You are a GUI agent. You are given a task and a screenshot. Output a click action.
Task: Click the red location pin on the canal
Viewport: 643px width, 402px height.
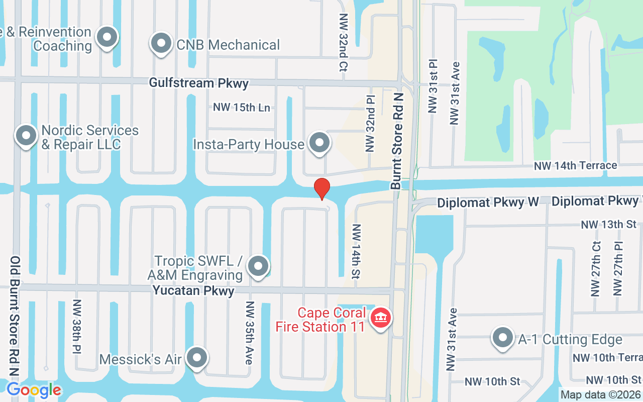(322, 188)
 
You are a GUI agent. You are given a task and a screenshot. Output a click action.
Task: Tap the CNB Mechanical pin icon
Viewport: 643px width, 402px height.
(161, 44)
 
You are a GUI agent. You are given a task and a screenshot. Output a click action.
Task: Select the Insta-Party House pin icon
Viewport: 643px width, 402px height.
(319, 143)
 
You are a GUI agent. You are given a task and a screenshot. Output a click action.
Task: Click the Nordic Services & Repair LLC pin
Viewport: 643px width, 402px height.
(26, 136)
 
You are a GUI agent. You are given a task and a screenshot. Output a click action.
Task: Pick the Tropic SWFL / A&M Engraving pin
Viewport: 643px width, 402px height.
(259, 266)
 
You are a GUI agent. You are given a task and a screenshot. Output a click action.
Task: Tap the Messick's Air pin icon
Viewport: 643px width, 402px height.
(197, 358)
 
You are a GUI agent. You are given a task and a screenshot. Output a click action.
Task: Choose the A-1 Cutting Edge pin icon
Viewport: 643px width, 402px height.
(502, 338)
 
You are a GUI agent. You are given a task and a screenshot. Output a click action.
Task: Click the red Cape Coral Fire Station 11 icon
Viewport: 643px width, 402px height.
(381, 319)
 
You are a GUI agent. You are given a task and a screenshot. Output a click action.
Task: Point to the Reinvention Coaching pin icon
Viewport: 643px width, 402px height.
(106, 38)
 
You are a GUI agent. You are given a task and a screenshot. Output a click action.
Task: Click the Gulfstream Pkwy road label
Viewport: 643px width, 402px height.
(199, 83)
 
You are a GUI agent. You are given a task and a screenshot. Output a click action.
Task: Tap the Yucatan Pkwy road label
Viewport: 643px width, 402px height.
(193, 290)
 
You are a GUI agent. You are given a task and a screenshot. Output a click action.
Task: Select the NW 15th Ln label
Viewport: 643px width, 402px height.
(242, 107)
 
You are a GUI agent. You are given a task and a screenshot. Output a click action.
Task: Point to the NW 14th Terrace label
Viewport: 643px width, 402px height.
(575, 165)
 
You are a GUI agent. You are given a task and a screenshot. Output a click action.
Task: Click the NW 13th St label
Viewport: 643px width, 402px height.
(609, 224)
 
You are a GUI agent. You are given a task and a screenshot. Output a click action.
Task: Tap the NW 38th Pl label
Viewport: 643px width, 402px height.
(77, 327)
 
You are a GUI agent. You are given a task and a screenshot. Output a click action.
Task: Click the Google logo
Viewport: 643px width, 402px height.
(34, 389)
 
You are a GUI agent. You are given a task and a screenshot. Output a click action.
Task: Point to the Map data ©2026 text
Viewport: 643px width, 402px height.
(600, 394)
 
